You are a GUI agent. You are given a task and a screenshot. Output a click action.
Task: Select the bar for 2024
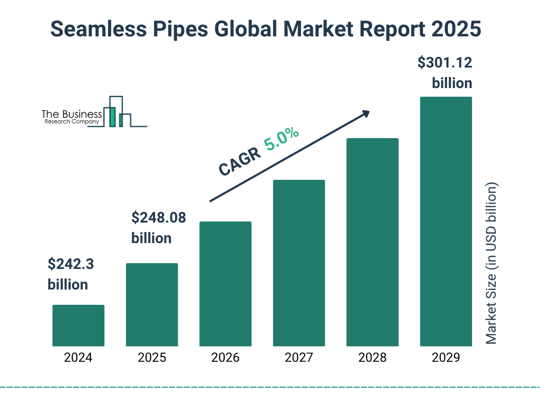click(78, 325)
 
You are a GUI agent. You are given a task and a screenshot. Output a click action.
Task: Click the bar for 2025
click(152, 304)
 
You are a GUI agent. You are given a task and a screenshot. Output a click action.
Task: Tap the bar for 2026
click(225, 284)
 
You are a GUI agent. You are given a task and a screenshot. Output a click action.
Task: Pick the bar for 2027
click(298, 263)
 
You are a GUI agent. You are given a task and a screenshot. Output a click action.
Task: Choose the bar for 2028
click(372, 242)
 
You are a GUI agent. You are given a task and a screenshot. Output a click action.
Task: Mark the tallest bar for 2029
click(446, 221)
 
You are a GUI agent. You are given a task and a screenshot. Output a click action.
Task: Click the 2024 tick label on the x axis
click(78, 358)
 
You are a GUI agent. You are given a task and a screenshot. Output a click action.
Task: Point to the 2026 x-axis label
click(225, 358)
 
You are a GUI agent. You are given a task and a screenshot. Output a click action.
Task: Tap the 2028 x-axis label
click(372, 358)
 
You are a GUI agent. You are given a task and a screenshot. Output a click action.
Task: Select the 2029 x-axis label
click(446, 358)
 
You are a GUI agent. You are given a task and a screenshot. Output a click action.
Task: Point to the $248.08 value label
click(158, 217)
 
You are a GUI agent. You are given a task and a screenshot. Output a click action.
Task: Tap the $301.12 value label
click(445, 63)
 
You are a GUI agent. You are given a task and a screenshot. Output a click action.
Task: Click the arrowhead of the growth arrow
click(365, 113)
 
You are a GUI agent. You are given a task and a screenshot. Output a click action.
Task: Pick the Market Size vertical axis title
click(491, 264)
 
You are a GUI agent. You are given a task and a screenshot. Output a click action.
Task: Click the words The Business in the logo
click(72, 114)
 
